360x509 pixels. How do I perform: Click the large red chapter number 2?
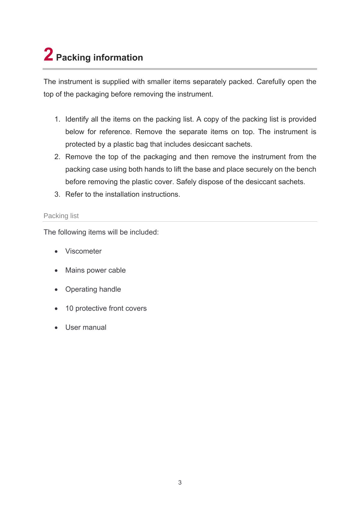coord(49,55)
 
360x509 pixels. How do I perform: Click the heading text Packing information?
coord(99,58)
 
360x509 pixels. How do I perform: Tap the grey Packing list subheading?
coord(61,216)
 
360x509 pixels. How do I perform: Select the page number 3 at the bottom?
coord(180,483)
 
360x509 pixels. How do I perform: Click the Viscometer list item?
coord(83,251)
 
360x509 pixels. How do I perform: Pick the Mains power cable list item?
coord(95,270)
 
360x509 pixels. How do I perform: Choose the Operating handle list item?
coord(93,289)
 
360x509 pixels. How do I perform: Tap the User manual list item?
coord(86,328)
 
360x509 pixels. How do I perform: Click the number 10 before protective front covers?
coord(69,308)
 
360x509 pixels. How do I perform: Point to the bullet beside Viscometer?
coord(56,252)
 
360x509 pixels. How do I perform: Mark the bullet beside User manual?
coord(56,328)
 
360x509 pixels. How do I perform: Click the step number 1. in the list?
coord(57,119)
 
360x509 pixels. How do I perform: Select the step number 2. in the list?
coord(57,157)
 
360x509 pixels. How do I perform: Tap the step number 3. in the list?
coord(57,194)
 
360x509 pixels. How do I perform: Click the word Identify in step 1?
coord(77,119)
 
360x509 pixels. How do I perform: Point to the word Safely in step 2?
coord(186,182)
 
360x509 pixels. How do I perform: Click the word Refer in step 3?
coord(74,194)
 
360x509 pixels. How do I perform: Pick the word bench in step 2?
coord(306,169)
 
